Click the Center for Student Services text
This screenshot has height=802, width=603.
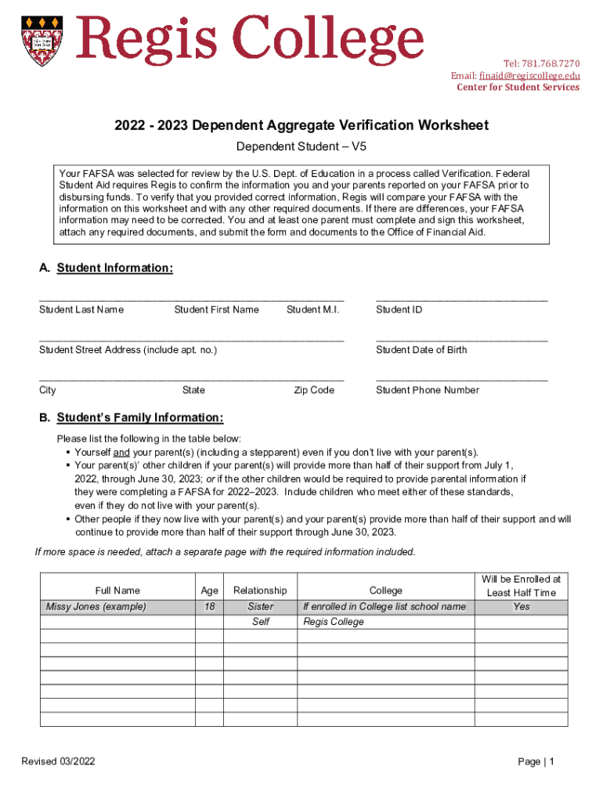(518, 87)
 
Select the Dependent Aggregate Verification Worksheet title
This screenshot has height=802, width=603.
(301, 125)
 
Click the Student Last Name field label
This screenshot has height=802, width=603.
(81, 309)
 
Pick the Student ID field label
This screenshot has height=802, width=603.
(399, 309)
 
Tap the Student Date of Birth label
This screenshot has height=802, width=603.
(421, 350)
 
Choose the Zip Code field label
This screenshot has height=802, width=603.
(314, 390)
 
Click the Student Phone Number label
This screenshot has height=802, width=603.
(427, 390)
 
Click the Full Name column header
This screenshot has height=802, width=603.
(117, 591)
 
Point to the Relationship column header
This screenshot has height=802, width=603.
(260, 591)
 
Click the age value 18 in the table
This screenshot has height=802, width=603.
(209, 606)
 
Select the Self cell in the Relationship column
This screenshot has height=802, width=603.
(260, 622)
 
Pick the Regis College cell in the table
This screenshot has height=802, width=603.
(334, 622)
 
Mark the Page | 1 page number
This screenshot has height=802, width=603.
(536, 762)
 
